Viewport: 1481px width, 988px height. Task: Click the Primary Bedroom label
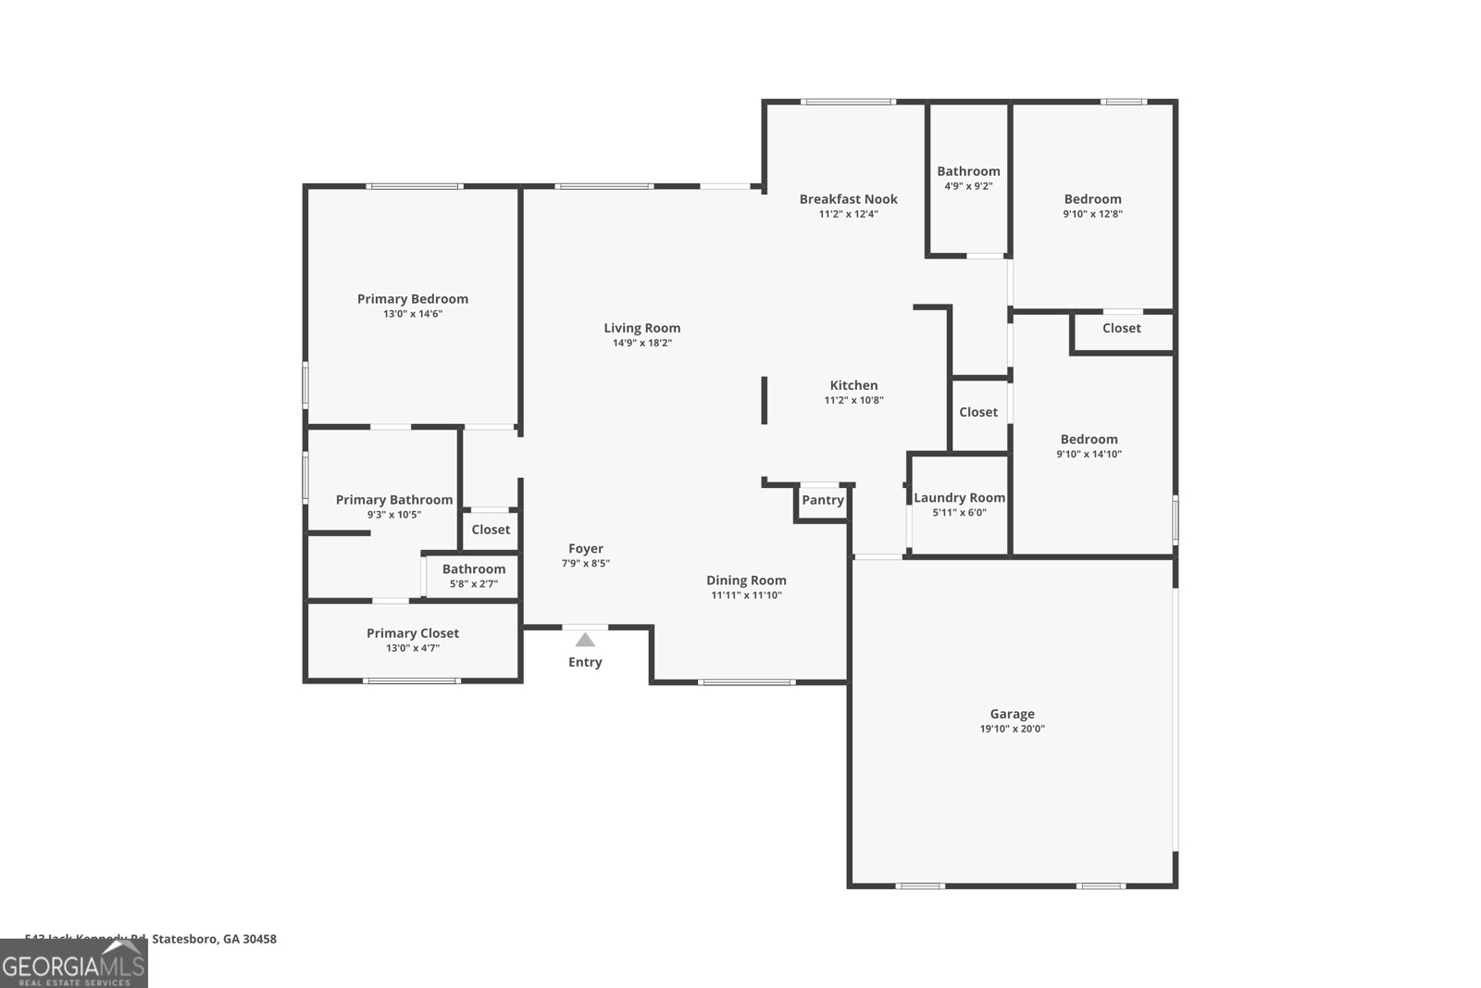coord(413,299)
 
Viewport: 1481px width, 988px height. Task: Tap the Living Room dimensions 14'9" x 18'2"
coord(641,344)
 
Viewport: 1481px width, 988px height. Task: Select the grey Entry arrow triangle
coord(585,640)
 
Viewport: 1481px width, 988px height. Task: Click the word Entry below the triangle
coord(585,662)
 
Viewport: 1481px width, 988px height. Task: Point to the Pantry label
coord(823,500)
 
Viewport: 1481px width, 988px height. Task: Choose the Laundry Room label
coord(959,498)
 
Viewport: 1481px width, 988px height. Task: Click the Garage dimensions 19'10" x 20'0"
coord(1012,729)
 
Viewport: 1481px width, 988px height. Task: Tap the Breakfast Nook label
coord(848,199)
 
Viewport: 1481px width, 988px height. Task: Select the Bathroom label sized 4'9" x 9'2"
coord(968,171)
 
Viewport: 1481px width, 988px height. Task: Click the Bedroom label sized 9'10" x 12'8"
coord(1092,199)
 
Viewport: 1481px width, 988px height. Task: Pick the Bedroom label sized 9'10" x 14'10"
coord(1089,440)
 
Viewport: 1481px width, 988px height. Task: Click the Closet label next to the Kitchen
coord(978,412)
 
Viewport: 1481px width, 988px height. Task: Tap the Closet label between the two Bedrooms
coord(1121,328)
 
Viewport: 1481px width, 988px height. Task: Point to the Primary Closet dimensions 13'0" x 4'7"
coord(413,648)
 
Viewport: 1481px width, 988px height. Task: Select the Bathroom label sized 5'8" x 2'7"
coord(474,569)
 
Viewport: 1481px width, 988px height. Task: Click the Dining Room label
coord(746,581)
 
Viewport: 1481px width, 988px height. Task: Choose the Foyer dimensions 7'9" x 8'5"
coord(585,564)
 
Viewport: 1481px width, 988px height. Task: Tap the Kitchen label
coord(853,385)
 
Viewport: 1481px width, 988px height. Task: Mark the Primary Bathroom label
coord(394,500)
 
